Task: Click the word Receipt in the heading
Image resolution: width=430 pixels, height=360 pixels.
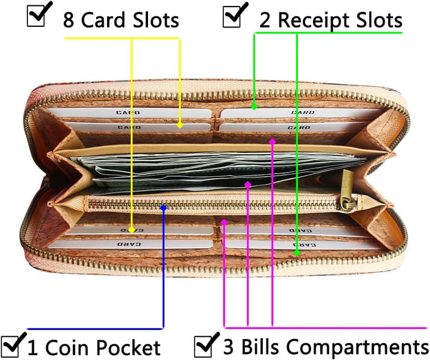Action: click(x=312, y=20)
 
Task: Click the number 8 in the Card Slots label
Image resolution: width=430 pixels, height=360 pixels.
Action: click(x=69, y=20)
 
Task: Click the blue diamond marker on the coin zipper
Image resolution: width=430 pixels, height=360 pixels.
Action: click(x=164, y=208)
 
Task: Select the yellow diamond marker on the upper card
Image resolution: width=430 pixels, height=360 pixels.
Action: click(x=180, y=125)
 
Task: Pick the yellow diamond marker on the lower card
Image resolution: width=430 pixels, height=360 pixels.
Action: click(x=131, y=230)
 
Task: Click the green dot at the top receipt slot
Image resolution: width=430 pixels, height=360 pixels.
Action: click(x=254, y=106)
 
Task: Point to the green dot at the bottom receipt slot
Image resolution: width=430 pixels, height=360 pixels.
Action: click(x=297, y=253)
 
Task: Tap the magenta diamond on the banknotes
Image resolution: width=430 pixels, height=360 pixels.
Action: click(x=248, y=184)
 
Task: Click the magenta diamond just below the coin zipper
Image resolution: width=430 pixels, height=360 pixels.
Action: click(x=225, y=222)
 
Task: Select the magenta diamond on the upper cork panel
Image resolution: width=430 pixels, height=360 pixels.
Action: click(x=272, y=141)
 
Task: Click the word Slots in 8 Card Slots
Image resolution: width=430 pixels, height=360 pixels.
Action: click(x=156, y=20)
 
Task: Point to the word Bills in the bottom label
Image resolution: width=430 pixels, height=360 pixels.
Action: click(x=260, y=347)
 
